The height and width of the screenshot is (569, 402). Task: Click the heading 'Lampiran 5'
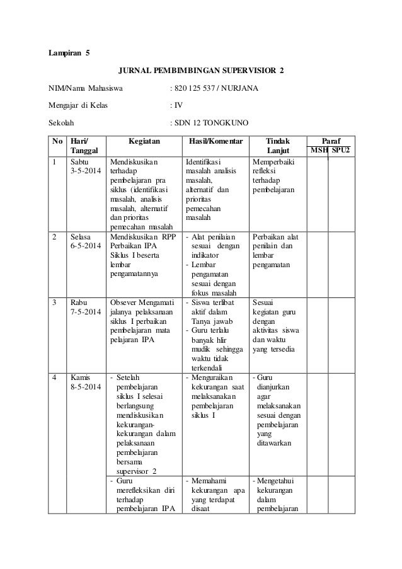click(69, 54)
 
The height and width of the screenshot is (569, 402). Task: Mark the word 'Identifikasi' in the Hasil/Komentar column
click(205, 161)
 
